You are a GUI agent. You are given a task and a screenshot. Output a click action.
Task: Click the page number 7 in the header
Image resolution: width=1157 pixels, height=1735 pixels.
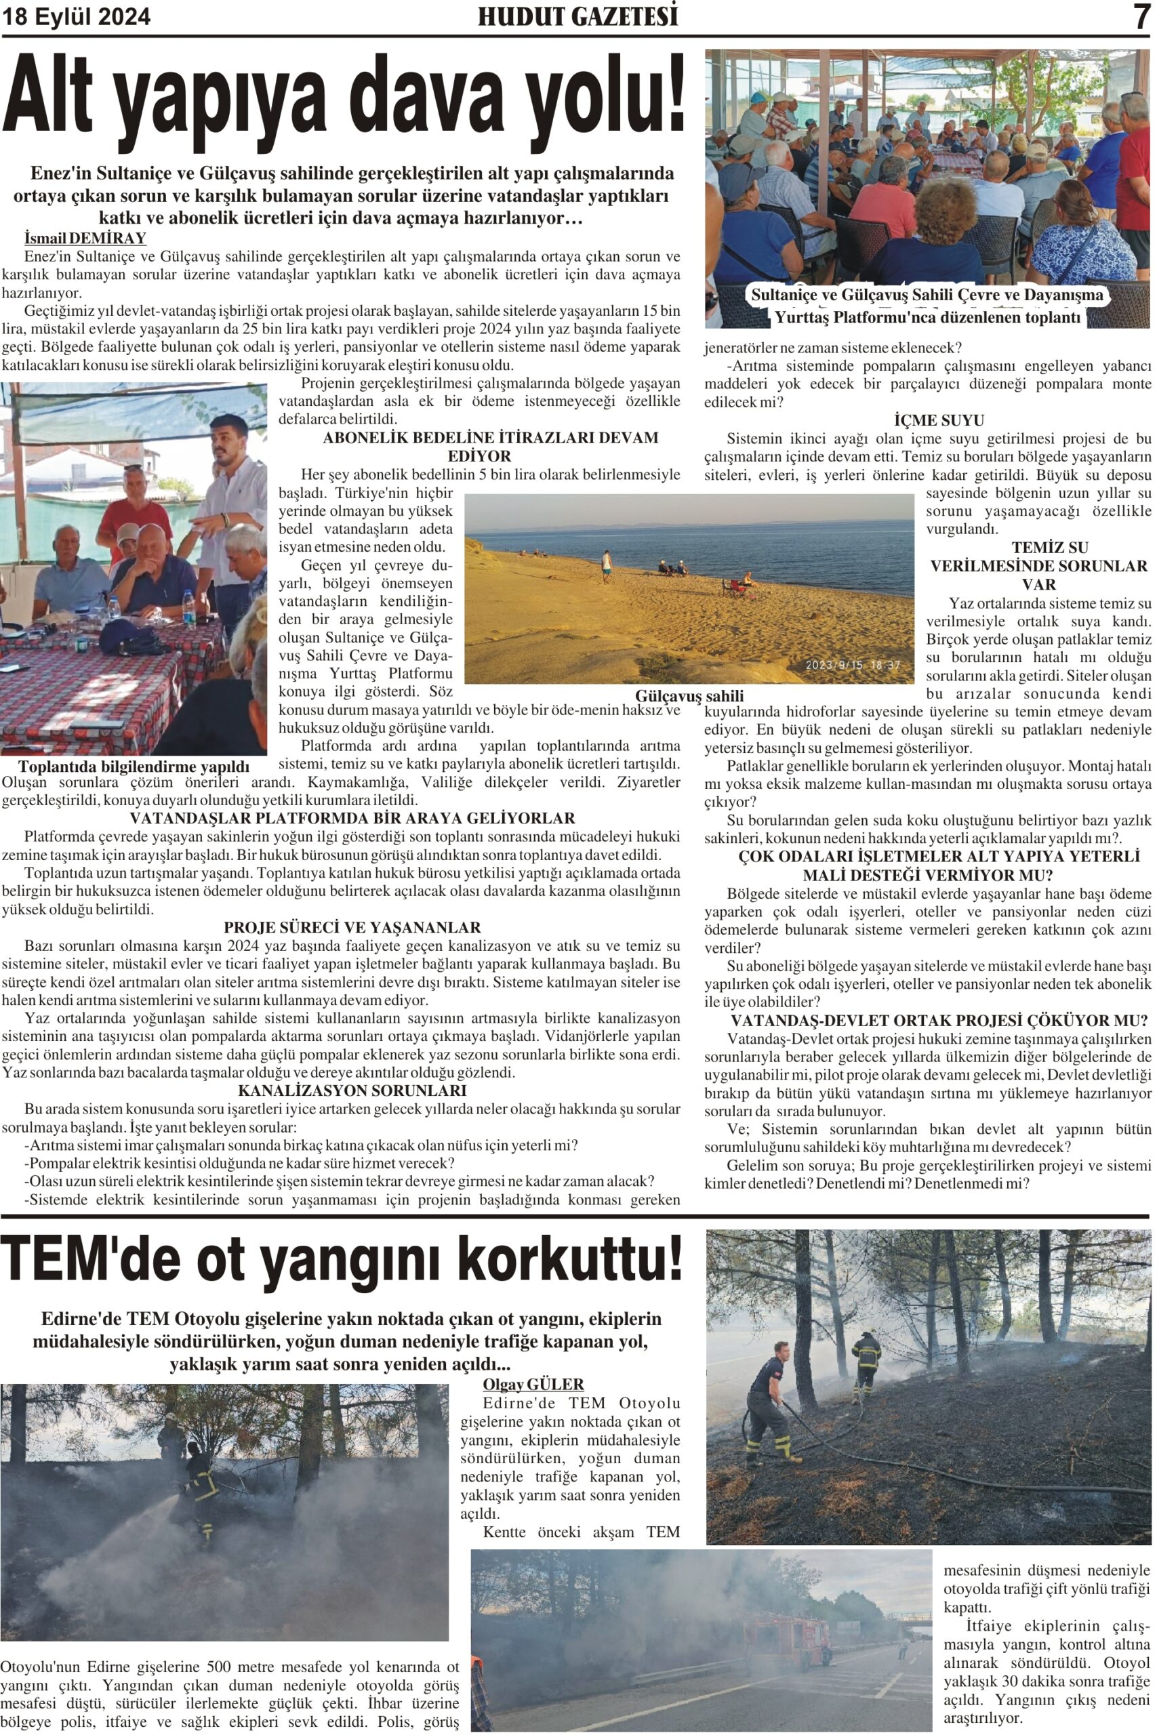(x=1142, y=16)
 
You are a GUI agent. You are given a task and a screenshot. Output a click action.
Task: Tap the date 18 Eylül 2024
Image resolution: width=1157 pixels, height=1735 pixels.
(x=76, y=17)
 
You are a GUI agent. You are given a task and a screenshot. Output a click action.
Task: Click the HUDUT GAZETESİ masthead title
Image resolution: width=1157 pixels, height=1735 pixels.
(x=577, y=17)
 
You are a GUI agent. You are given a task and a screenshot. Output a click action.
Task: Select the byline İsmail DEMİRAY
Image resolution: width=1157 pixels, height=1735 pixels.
(x=85, y=239)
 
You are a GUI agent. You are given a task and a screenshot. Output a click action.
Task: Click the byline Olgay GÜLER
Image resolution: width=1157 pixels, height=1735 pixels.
(x=533, y=1384)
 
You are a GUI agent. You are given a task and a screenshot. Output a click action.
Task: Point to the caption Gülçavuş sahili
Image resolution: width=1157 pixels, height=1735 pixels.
(x=689, y=696)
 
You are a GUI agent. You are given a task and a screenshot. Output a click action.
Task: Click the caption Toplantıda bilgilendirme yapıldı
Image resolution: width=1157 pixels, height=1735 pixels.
(x=134, y=767)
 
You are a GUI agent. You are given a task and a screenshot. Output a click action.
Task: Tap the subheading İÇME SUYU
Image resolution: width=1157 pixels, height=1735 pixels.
(x=939, y=420)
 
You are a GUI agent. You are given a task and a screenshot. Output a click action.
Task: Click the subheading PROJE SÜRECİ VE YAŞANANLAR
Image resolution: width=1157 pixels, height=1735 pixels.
(x=352, y=927)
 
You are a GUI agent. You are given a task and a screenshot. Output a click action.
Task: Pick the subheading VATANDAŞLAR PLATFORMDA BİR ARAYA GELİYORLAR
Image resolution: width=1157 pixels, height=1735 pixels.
(x=352, y=818)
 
